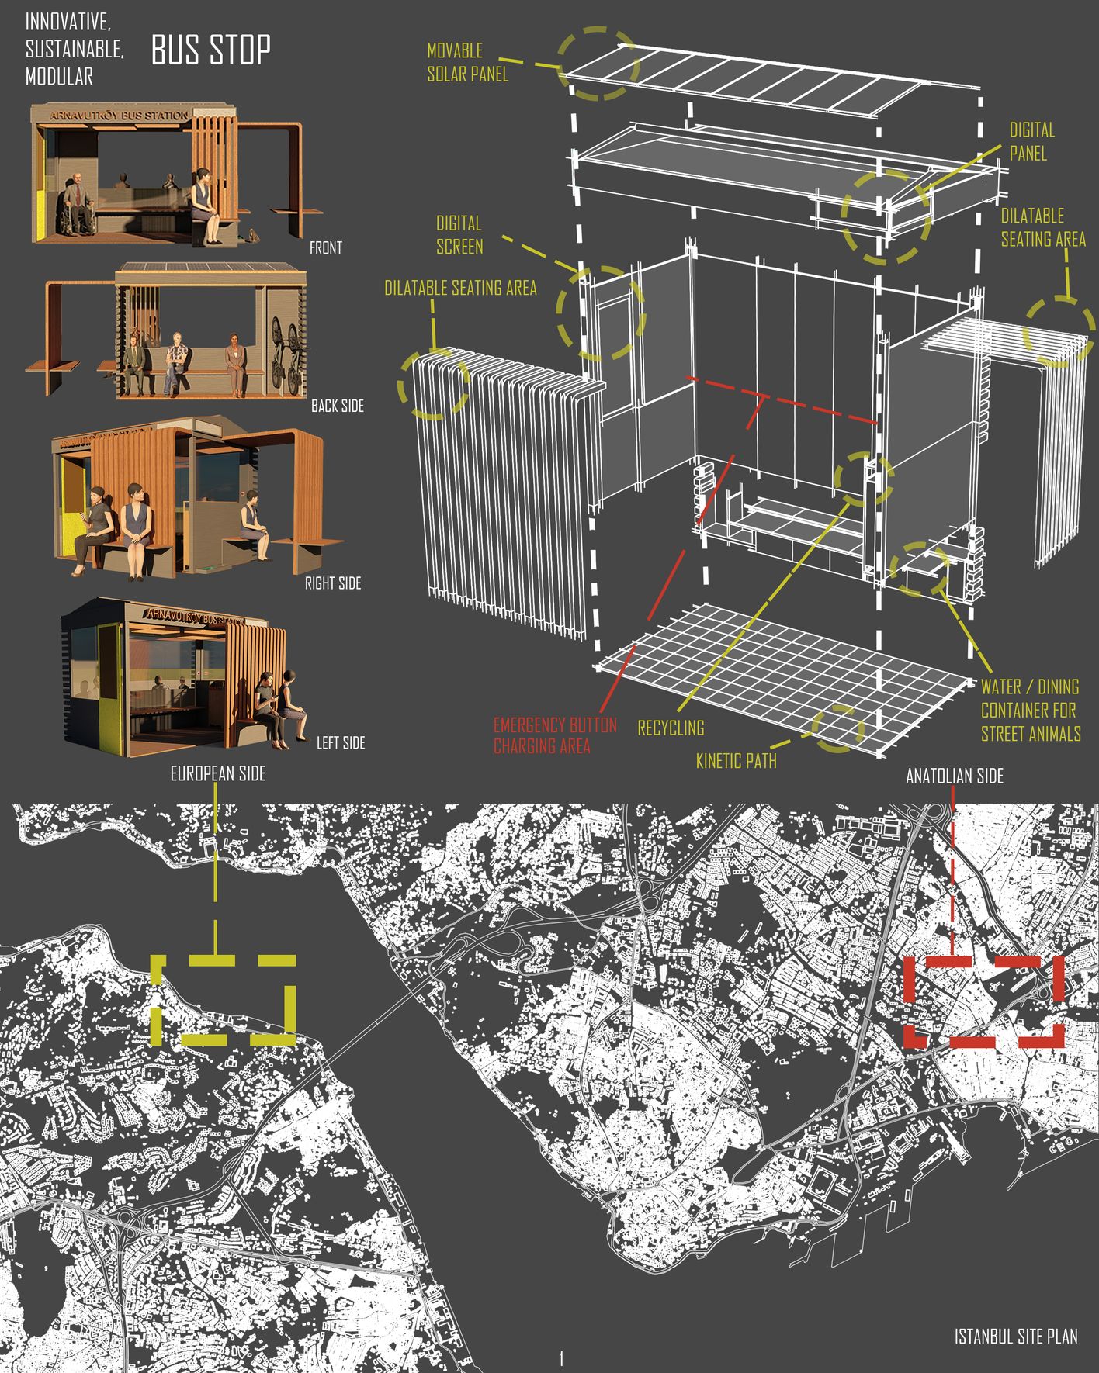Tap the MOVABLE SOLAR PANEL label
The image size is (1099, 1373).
coord(467,62)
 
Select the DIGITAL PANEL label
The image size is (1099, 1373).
coord(1031,141)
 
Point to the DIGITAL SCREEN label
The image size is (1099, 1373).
coord(459,235)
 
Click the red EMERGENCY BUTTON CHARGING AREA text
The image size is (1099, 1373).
coord(555,735)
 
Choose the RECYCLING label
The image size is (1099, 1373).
coord(671,728)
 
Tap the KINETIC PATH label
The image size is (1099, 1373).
coord(736,761)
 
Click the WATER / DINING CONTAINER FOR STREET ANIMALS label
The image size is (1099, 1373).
coord(1030,710)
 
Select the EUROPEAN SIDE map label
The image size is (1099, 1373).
coord(218,773)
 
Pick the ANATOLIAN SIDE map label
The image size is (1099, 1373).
coord(954,776)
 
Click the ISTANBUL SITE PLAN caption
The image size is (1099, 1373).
coord(1015,1337)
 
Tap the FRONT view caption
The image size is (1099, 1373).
coord(325,248)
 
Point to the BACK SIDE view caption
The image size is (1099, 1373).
coord(337,406)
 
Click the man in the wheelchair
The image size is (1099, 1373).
coord(78,203)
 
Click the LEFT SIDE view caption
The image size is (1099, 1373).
coord(340,743)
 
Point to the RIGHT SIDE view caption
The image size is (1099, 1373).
coord(332,583)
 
